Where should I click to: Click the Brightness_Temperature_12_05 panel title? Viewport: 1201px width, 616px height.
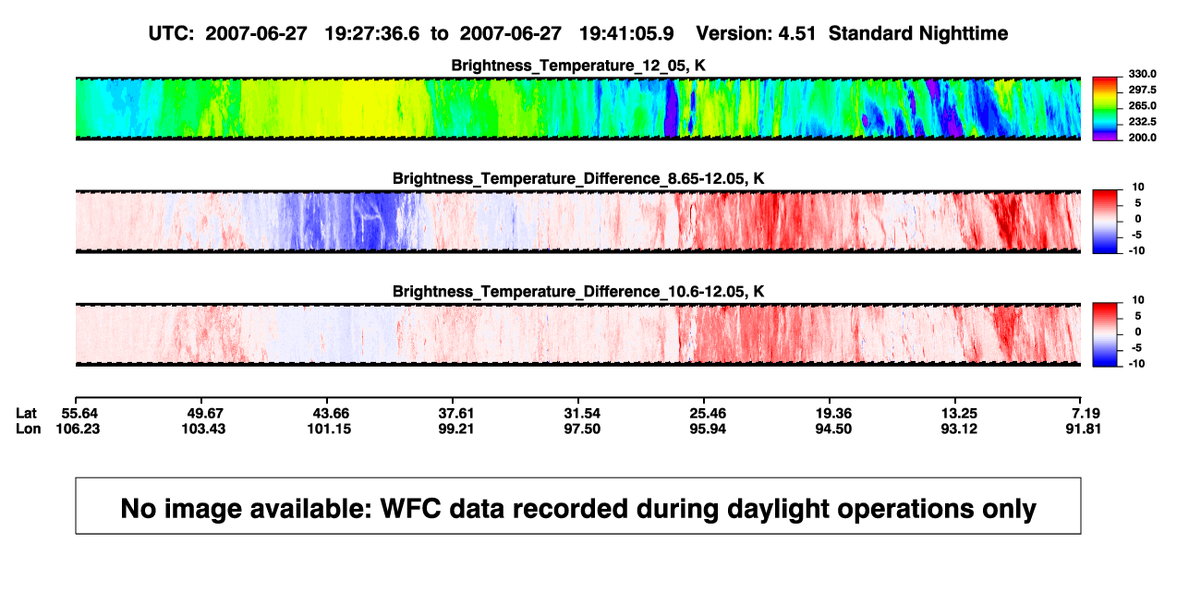[578, 66]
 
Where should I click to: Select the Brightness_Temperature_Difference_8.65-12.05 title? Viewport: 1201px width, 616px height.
[578, 178]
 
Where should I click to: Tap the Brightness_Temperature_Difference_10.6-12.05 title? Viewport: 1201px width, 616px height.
[578, 292]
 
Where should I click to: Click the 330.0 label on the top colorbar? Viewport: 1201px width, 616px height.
[1142, 74]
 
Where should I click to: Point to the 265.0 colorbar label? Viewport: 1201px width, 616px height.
[1142, 105]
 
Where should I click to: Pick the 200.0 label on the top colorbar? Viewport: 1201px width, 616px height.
[1142, 138]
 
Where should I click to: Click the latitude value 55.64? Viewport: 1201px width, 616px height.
[79, 414]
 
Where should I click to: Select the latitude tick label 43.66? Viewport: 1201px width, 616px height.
[331, 414]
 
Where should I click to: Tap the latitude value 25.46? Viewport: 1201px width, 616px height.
[708, 414]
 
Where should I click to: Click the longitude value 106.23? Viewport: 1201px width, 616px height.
[78, 429]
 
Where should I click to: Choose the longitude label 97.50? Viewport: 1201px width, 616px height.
[582, 429]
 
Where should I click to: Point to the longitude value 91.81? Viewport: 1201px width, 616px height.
[1083, 429]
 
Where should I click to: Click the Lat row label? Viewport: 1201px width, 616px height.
[26, 414]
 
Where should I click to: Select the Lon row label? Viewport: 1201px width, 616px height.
[28, 429]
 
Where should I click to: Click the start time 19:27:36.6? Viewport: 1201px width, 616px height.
[372, 33]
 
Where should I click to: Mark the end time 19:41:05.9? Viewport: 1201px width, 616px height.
[626, 33]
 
